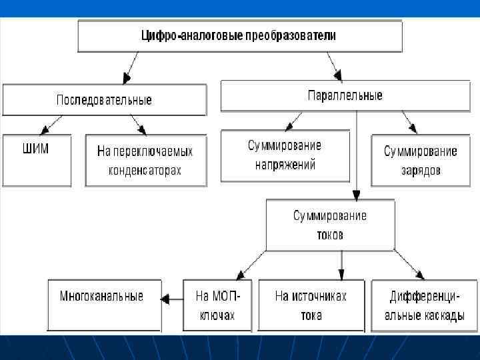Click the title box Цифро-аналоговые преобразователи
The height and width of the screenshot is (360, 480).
pos(240,36)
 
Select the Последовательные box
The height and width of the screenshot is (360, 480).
pos(104,100)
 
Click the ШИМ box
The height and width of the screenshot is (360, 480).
pos(36,160)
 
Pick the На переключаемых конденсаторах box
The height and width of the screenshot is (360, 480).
pos(145,161)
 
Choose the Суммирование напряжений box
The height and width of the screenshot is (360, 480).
pos(285,156)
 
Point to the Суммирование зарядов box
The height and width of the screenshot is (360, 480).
pos(420,161)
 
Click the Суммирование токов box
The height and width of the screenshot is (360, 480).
pos(330,225)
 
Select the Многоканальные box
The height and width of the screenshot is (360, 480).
pos(105,305)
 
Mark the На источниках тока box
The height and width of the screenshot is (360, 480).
pos(311,305)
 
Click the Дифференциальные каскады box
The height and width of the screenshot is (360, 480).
pos(424,305)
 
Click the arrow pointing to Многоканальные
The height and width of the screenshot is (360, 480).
pos(173,300)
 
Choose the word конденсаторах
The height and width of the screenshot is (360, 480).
pos(145,171)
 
